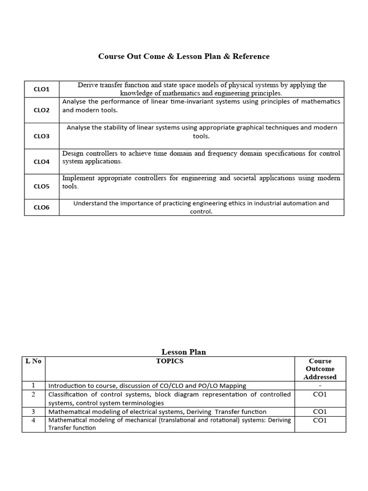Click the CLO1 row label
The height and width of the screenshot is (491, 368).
pyautogui.click(x=41, y=89)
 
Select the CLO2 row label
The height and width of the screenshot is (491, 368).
pyautogui.click(x=41, y=110)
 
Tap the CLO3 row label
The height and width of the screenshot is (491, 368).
pyautogui.click(x=41, y=136)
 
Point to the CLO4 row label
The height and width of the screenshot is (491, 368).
pyautogui.click(x=41, y=162)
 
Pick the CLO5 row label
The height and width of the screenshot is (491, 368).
pyautogui.click(x=41, y=187)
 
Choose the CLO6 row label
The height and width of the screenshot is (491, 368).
pyautogui.click(x=41, y=208)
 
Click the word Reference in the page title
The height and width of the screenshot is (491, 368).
pyautogui.click(x=251, y=57)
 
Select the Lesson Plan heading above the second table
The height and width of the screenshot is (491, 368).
pyautogui.click(x=184, y=352)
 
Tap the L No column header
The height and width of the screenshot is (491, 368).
pyautogui.click(x=33, y=361)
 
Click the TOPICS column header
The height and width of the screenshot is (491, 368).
pyautogui.click(x=170, y=361)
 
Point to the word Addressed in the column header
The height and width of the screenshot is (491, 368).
pyautogui.click(x=320, y=377)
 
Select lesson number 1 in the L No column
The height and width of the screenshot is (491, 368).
pyautogui.click(x=33, y=385)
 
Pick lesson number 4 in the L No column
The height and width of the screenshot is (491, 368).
pyautogui.click(x=33, y=420)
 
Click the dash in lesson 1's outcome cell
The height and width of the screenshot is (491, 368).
pyautogui.click(x=320, y=385)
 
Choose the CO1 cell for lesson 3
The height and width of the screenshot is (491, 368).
pyautogui.click(x=320, y=411)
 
